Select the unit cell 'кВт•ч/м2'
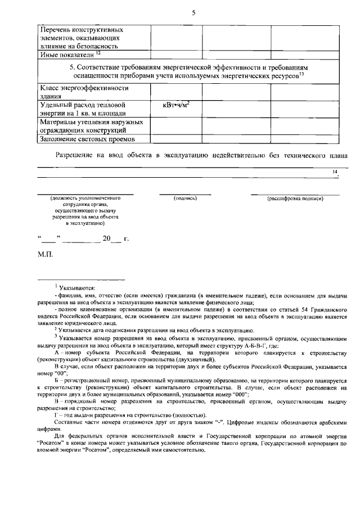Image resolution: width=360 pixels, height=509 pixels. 175,105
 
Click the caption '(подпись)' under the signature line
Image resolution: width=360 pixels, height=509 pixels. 184,199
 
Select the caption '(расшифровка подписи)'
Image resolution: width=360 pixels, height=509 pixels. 295,199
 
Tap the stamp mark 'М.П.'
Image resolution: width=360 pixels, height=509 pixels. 45,255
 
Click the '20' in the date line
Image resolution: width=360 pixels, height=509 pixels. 107,238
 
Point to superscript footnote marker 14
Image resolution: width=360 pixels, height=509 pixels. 335,171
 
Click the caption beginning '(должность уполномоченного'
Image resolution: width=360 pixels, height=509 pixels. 85,199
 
